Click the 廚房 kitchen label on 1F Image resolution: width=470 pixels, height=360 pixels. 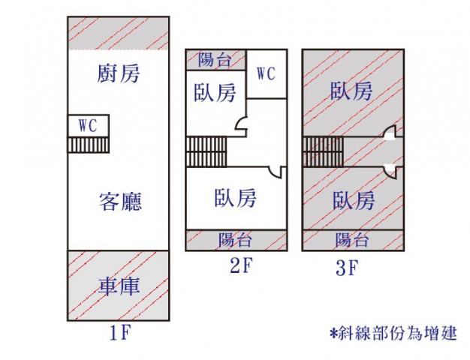(x=119, y=73)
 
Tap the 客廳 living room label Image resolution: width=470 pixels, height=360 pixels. (x=120, y=202)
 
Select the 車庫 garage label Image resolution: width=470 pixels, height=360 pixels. (x=119, y=286)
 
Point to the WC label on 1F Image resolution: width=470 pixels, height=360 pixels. (x=88, y=125)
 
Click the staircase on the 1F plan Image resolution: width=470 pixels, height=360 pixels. (x=88, y=145)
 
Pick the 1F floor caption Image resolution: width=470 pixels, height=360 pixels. (x=120, y=332)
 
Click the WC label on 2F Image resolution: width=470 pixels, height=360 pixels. (x=266, y=73)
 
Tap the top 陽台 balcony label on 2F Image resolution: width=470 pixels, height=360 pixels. (x=215, y=59)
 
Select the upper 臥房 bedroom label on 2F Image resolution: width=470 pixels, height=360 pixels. (x=215, y=92)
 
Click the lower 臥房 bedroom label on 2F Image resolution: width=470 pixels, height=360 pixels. (x=235, y=198)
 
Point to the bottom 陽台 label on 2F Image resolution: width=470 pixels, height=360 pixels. (x=235, y=240)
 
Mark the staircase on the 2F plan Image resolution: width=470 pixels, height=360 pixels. (x=206, y=151)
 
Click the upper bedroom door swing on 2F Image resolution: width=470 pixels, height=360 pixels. (x=241, y=124)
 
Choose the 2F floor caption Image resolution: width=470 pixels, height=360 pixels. (x=242, y=265)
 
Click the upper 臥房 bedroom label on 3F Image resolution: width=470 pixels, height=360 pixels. (x=351, y=91)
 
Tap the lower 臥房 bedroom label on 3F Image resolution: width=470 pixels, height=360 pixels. (x=354, y=200)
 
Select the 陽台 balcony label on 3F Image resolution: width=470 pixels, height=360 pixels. (x=352, y=240)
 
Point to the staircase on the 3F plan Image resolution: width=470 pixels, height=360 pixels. (x=323, y=151)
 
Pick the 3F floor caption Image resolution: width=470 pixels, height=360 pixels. (x=347, y=268)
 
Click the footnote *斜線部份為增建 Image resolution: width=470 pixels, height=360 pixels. (x=393, y=333)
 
